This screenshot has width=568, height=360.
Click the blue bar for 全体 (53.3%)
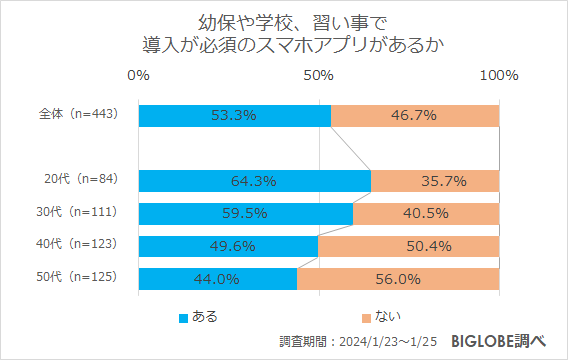[x=235, y=115]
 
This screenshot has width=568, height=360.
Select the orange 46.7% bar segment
[x=415, y=115]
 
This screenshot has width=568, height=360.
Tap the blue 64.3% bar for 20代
[x=255, y=181]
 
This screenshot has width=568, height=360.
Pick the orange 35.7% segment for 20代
[x=435, y=181]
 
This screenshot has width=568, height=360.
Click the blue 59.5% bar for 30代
[x=246, y=213]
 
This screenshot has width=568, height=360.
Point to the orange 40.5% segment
[x=426, y=213]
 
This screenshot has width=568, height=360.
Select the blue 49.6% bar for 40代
[x=228, y=246]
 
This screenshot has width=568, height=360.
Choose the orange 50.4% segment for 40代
[x=408, y=246]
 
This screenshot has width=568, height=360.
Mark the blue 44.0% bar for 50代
[x=218, y=278]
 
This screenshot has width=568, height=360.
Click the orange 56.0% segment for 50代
[x=398, y=278]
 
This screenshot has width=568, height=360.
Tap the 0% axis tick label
[x=139, y=76]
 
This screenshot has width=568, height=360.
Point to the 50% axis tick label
[x=318, y=76]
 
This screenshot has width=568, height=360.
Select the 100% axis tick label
[x=498, y=76]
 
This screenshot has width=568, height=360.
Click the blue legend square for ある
[x=183, y=318]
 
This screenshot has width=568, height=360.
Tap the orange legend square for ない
[x=365, y=318]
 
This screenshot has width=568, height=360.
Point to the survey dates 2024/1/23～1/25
[x=390, y=342]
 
